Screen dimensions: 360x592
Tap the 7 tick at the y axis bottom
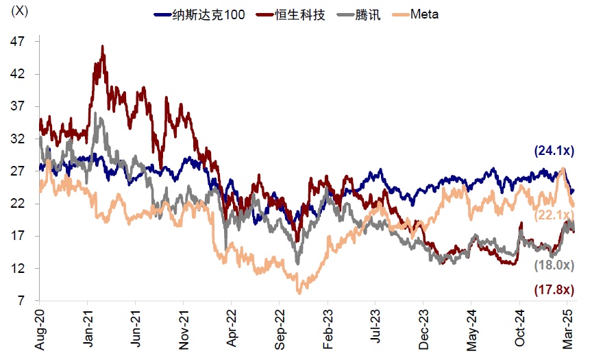point(21,301)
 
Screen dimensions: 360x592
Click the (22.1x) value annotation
point(554,217)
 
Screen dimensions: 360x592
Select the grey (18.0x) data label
point(554,265)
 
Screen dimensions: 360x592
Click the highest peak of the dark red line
point(102,46)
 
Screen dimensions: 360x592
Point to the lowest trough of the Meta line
point(299,293)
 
